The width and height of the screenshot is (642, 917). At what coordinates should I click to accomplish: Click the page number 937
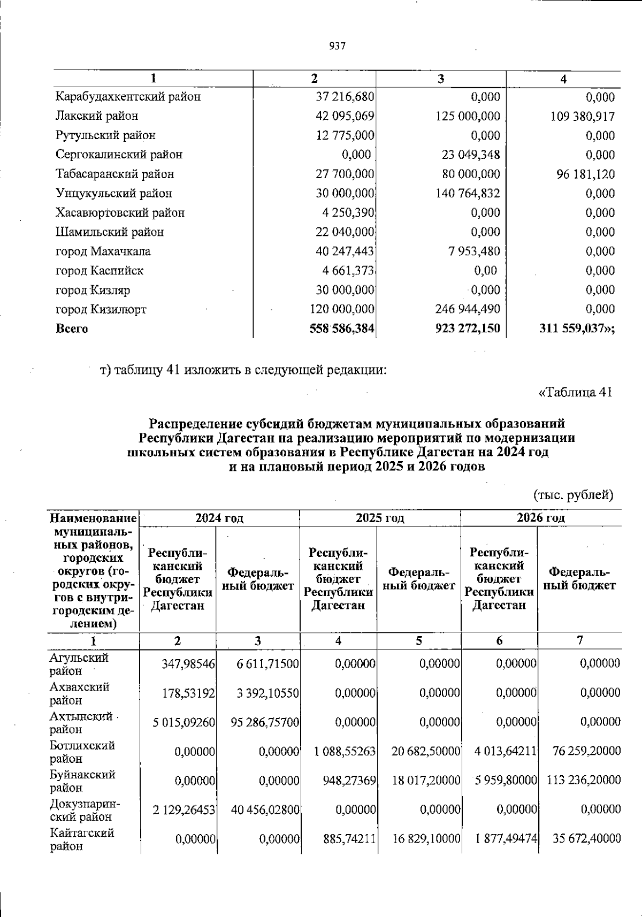(x=338, y=47)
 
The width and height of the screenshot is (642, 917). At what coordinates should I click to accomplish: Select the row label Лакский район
(x=97, y=116)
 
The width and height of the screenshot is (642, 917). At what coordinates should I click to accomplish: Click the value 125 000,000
(x=468, y=116)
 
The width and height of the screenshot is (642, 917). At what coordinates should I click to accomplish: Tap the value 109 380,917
(x=583, y=116)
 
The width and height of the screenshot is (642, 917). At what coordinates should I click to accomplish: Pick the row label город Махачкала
(x=103, y=251)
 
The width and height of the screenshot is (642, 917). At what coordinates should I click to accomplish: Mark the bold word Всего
(x=72, y=328)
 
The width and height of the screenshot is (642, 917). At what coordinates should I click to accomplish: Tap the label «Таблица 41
(x=575, y=392)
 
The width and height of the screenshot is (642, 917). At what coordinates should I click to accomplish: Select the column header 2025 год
(x=380, y=518)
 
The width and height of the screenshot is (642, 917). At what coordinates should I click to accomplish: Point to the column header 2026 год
(x=541, y=518)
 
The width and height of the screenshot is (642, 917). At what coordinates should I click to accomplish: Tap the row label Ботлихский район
(x=82, y=752)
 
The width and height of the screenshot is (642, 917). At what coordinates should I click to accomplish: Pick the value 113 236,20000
(x=584, y=781)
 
